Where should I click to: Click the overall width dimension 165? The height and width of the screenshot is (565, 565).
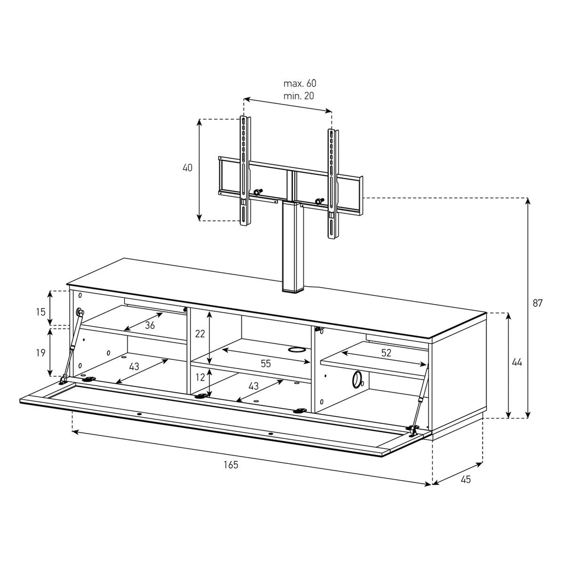click(231, 465)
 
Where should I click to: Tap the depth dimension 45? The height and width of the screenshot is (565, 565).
click(466, 479)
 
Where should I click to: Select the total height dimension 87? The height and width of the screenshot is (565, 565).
click(537, 303)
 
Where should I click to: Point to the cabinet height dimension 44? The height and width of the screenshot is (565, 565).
click(517, 362)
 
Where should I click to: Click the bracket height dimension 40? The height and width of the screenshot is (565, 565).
click(188, 168)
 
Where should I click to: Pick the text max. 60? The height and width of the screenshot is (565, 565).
click(300, 83)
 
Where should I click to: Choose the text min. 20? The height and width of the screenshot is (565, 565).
click(298, 96)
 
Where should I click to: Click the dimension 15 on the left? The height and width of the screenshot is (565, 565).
click(41, 312)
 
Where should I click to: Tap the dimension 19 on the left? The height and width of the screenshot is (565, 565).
click(41, 353)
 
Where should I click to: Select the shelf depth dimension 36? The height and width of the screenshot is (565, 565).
click(150, 325)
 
